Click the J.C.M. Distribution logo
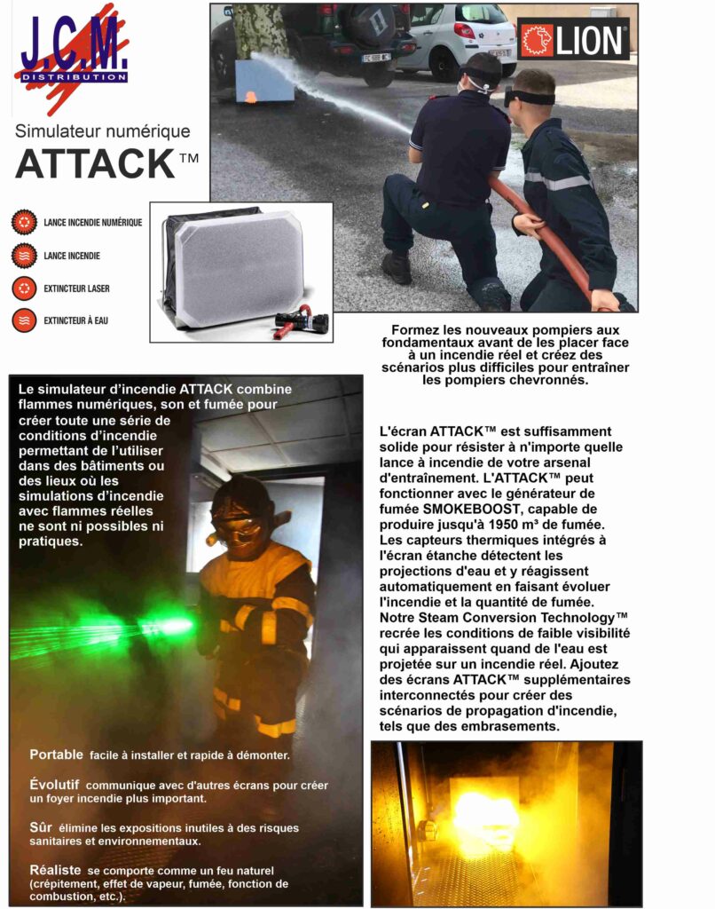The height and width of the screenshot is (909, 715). click(74, 59)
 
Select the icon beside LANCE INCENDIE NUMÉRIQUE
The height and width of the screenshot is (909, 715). click(25, 222)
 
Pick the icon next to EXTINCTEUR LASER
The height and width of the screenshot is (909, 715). click(25, 288)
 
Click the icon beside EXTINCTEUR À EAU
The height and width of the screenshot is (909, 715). click(25, 320)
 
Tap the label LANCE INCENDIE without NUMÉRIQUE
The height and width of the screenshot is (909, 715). click(72, 256)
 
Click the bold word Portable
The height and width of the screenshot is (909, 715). click(56, 755)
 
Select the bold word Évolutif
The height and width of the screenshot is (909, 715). click(54, 785)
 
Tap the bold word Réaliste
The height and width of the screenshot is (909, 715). click(55, 871)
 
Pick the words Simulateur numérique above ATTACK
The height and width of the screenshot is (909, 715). click(103, 131)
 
